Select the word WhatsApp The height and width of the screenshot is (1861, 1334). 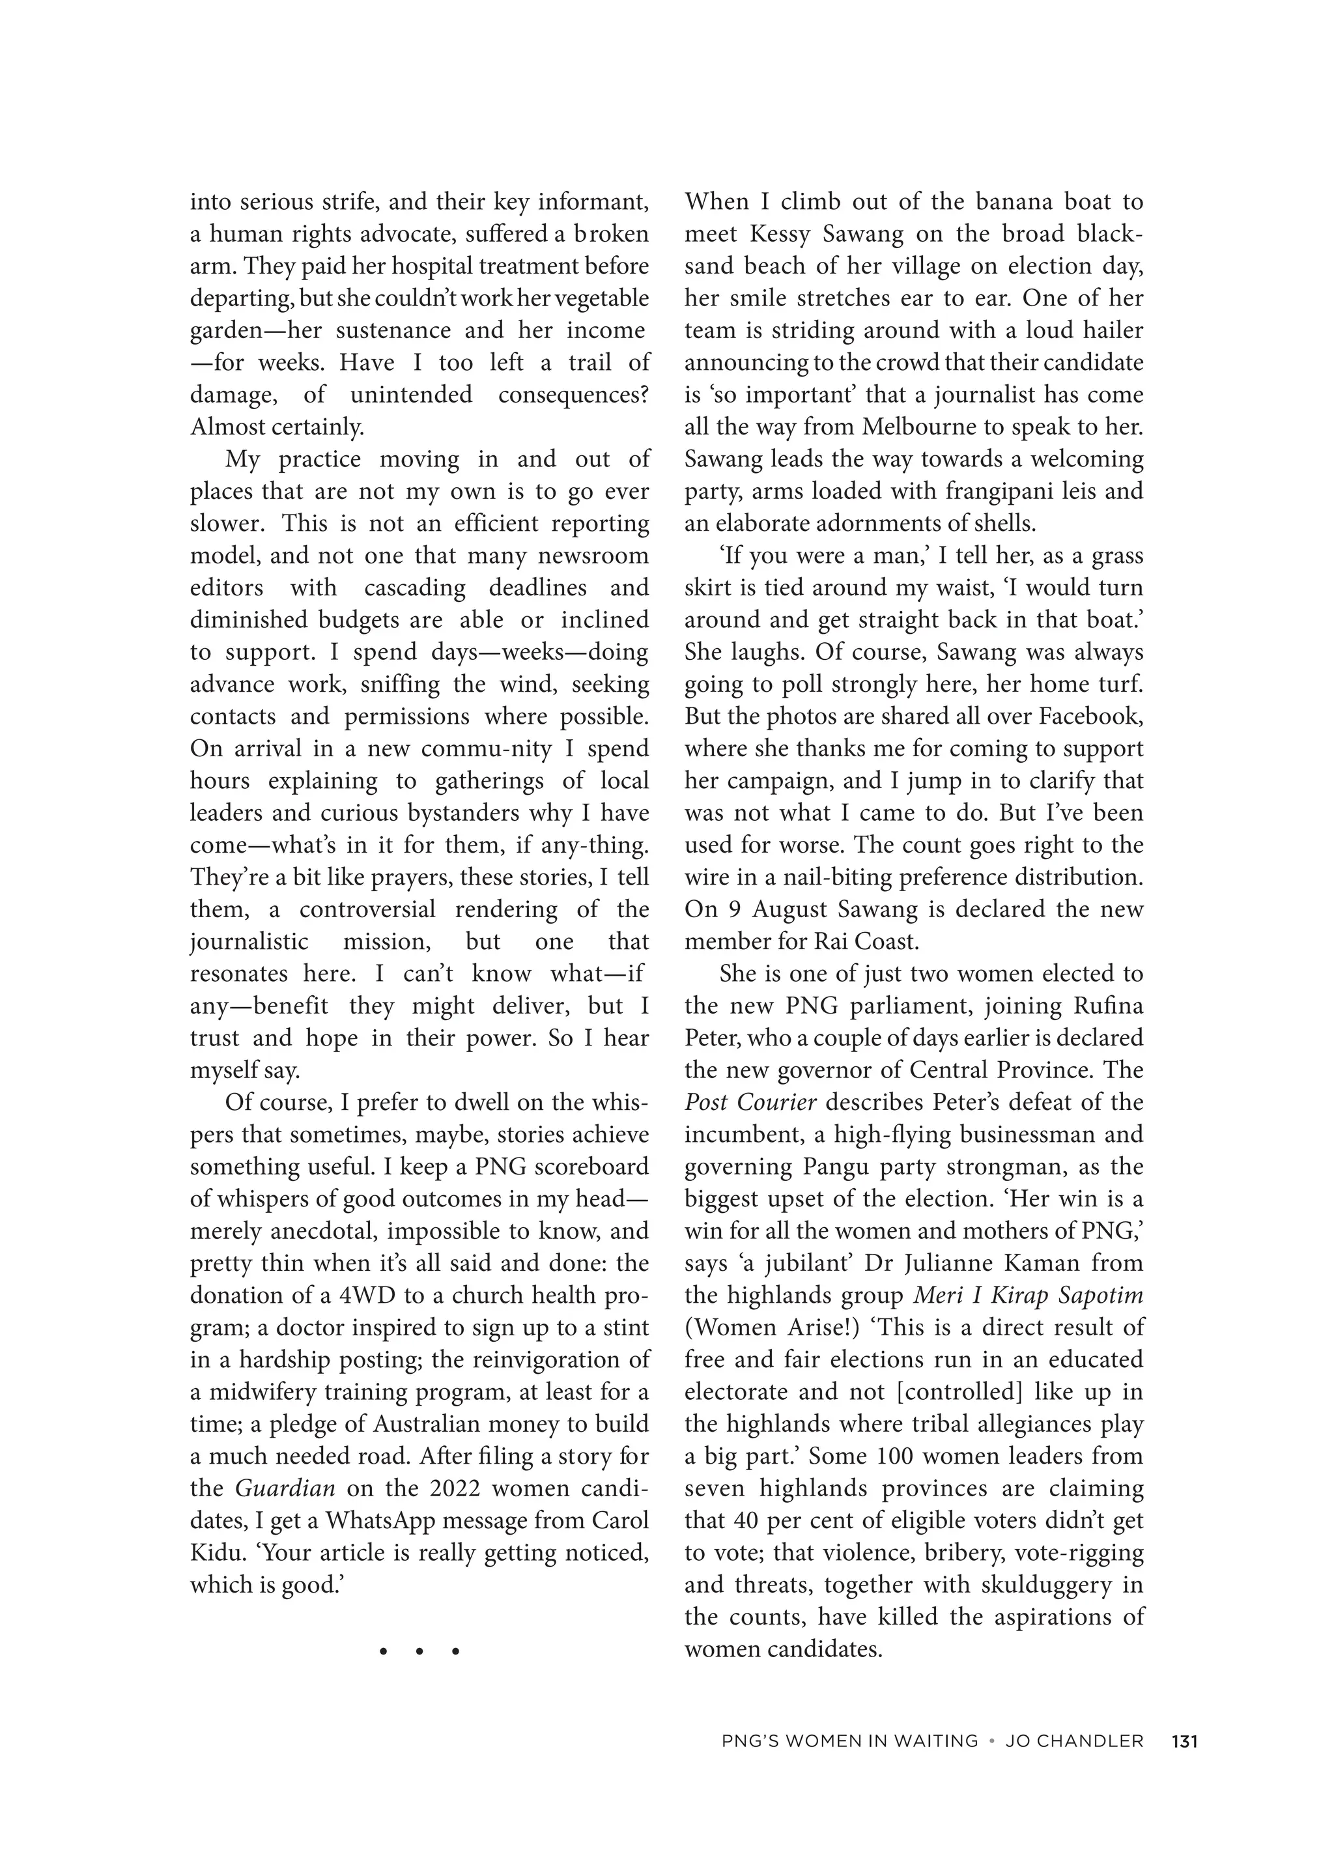[380, 1520]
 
